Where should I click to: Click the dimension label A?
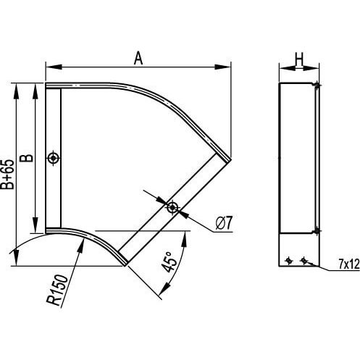pos(138,58)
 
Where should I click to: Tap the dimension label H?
pos(299,59)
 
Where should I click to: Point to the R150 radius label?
pos(57,290)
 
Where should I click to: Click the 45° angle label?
pos(169,262)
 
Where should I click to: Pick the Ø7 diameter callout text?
pos(224,223)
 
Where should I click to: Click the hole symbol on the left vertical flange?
pos(54,159)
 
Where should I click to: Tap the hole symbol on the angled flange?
pos(172,207)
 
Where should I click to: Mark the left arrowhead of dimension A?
pos(54,67)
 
